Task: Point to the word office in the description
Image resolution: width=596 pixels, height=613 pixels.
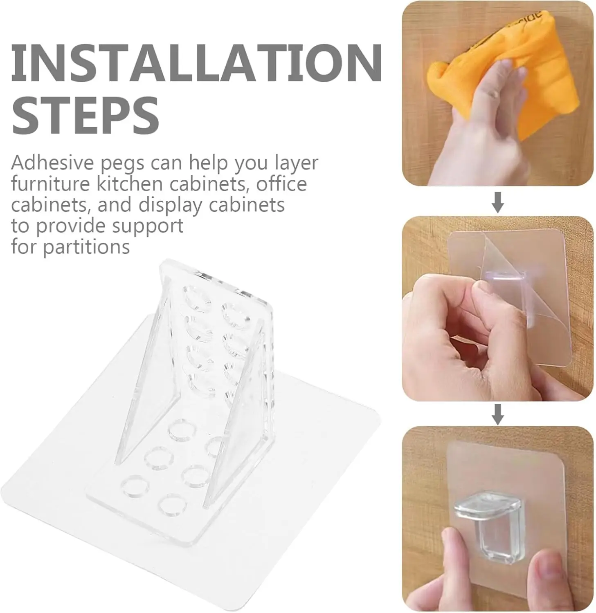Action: (x=281, y=183)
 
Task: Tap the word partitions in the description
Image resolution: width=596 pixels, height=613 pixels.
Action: (x=86, y=247)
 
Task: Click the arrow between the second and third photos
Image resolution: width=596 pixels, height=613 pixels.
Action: (x=497, y=414)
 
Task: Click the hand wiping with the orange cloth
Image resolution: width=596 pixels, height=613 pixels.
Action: (x=483, y=123)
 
